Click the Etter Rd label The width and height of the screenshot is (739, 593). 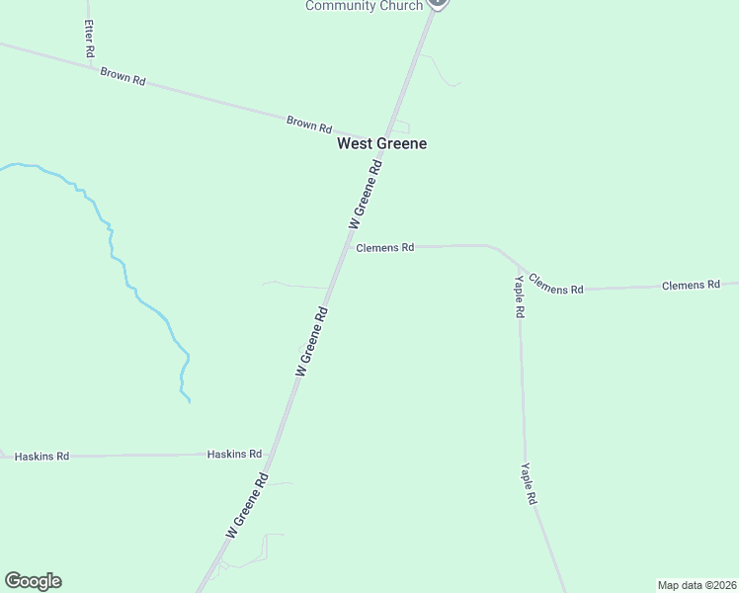pyautogui.click(x=89, y=38)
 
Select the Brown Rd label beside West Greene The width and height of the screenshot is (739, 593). pyautogui.click(x=308, y=124)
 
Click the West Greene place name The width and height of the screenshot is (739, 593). pyautogui.click(x=381, y=143)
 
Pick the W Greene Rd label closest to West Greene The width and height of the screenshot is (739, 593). pyautogui.click(x=366, y=197)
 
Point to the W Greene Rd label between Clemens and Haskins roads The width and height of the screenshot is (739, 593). pyautogui.click(x=312, y=341)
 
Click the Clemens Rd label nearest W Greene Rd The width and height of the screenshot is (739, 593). pyautogui.click(x=384, y=248)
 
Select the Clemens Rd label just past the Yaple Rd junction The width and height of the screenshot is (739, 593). pyautogui.click(x=555, y=285)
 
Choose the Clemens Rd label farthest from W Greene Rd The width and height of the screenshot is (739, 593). pyautogui.click(x=691, y=285)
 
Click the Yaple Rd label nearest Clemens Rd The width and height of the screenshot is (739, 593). pyautogui.click(x=519, y=297)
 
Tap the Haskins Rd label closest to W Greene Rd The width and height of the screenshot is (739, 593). pyautogui.click(x=234, y=454)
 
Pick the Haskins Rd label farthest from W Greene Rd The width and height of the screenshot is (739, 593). pyautogui.click(x=41, y=457)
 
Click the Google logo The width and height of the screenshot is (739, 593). pyautogui.click(x=33, y=581)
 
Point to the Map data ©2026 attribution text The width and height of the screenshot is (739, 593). pyautogui.click(x=697, y=585)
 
